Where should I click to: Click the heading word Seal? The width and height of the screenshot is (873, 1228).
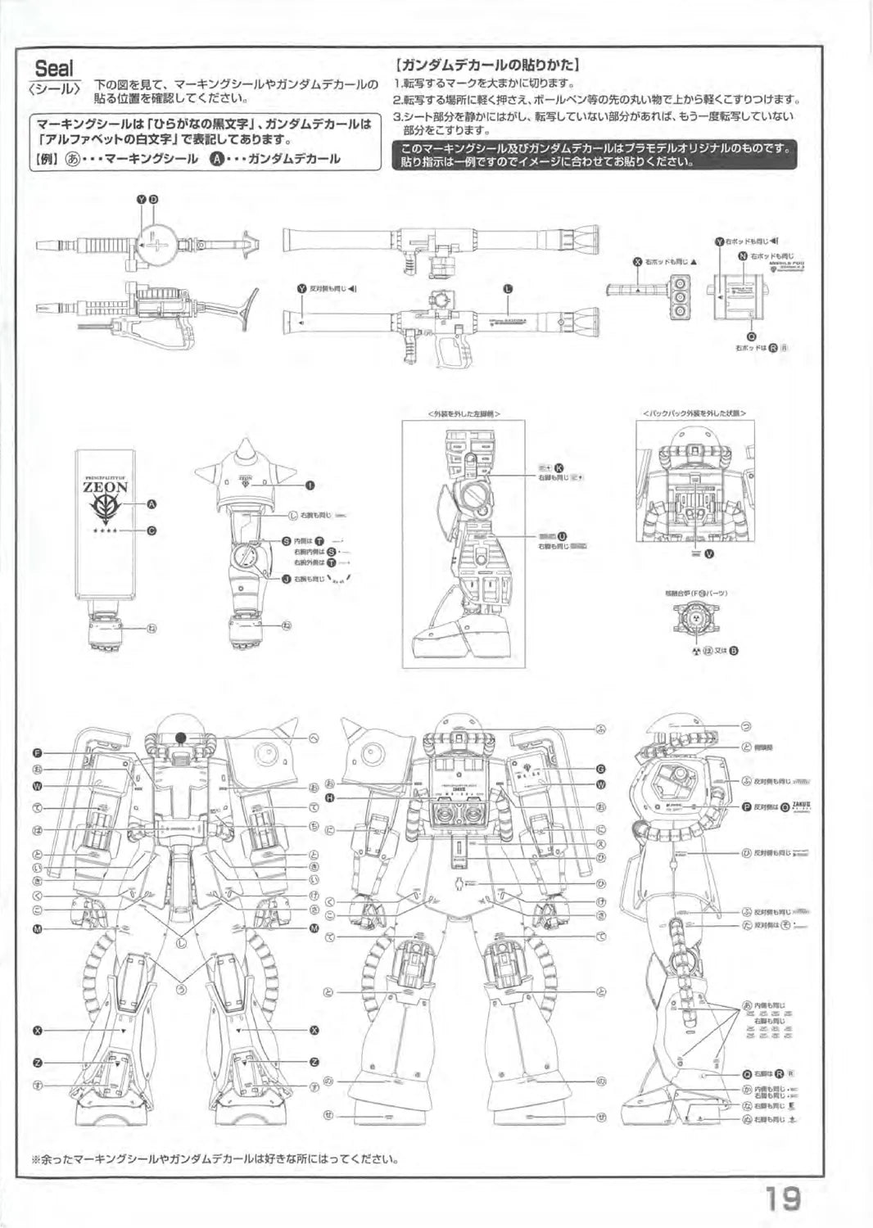click(x=53, y=68)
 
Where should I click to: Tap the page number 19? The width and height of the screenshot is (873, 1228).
click(x=783, y=1199)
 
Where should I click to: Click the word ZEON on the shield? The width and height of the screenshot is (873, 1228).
click(x=106, y=487)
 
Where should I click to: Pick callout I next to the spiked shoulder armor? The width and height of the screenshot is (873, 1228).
click(x=310, y=485)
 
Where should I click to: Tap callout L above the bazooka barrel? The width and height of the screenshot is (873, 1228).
click(x=508, y=289)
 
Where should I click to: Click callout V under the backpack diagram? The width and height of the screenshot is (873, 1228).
click(x=709, y=554)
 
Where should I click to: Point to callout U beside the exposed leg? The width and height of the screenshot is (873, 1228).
click(x=562, y=536)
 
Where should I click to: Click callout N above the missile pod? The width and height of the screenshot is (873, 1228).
click(x=743, y=256)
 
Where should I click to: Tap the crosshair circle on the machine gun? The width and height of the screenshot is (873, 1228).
click(x=157, y=243)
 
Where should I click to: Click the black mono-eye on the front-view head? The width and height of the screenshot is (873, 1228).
click(x=180, y=736)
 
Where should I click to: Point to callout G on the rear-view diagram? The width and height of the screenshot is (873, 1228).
click(x=601, y=769)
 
